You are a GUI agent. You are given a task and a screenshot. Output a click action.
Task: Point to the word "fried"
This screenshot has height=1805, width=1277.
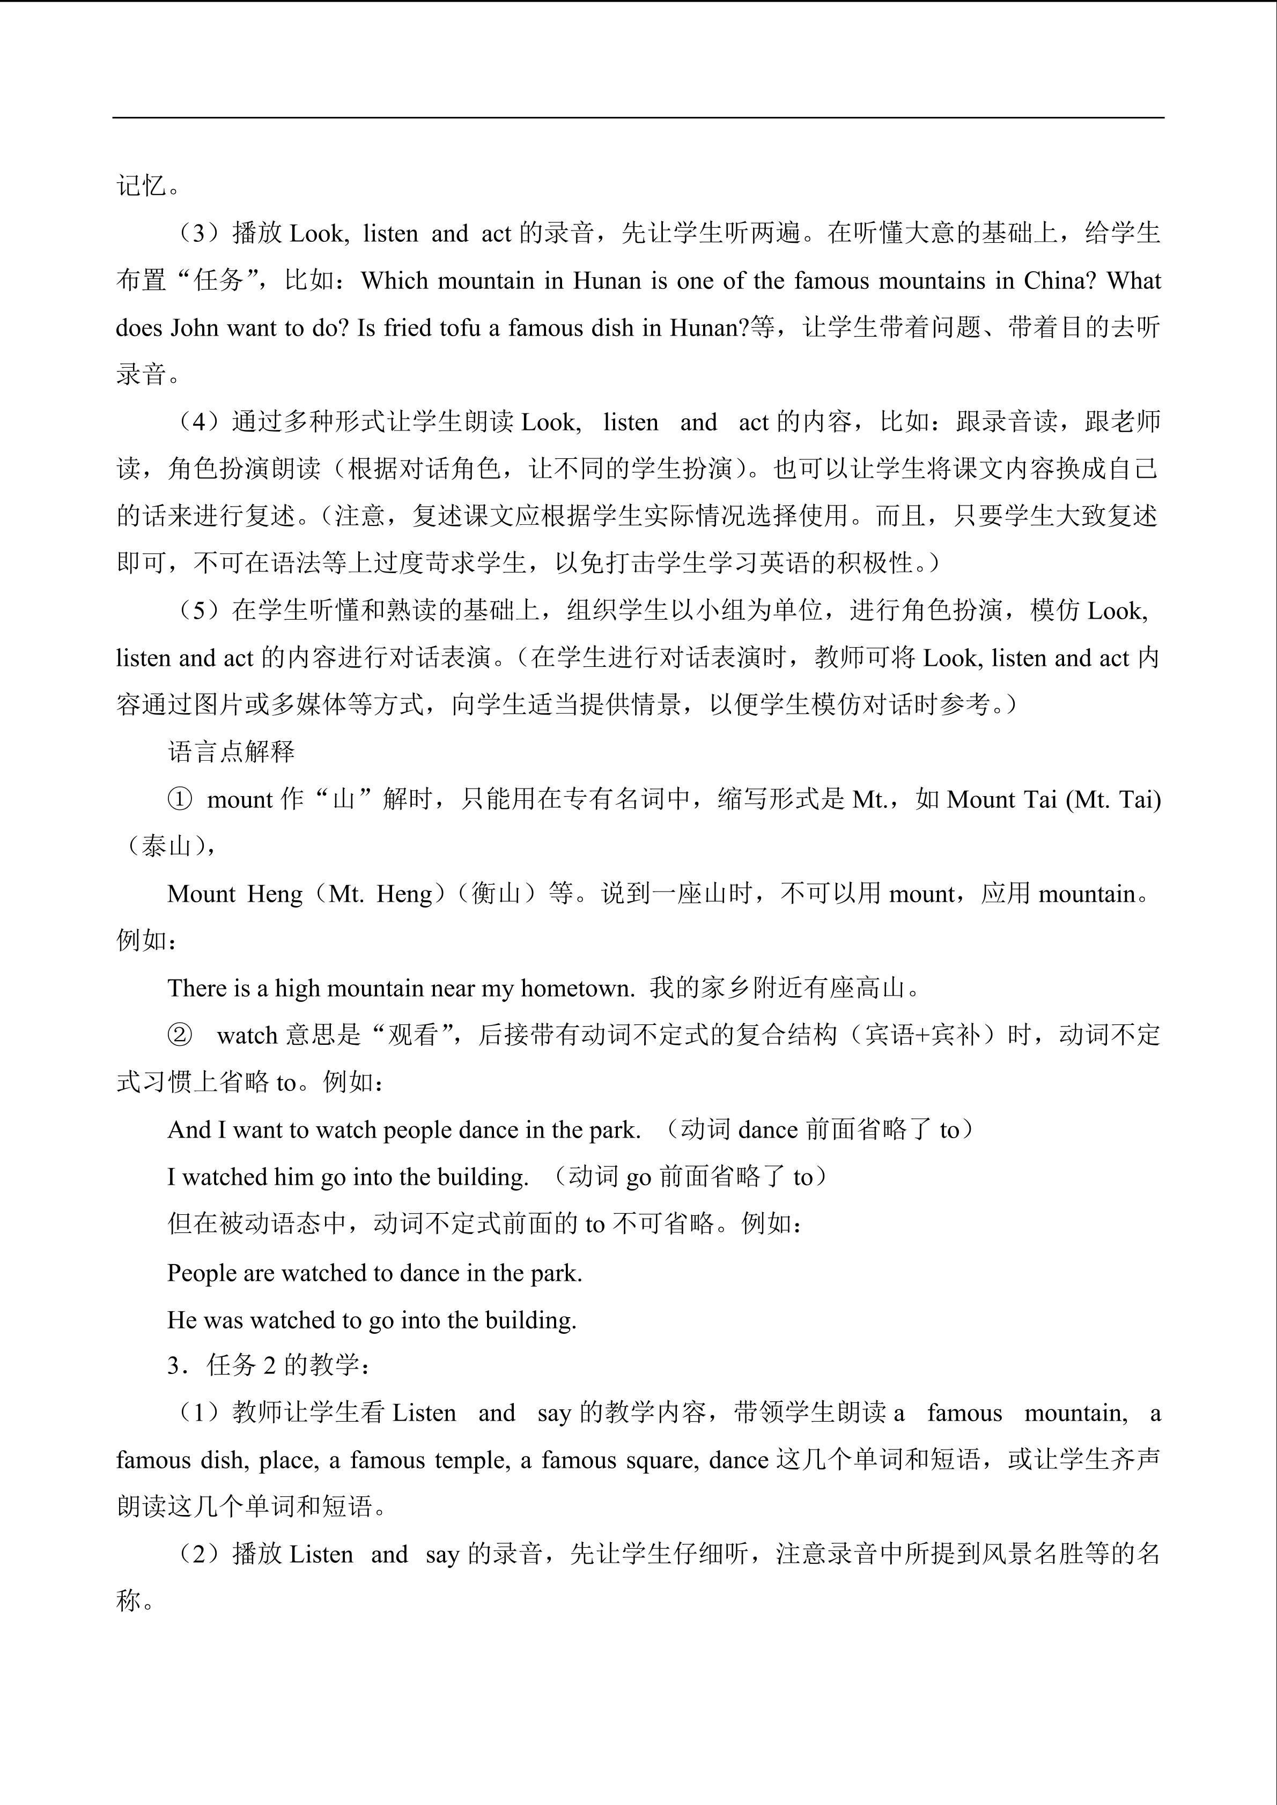[406, 328]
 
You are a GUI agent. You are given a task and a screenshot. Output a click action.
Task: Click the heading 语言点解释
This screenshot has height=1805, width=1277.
[231, 752]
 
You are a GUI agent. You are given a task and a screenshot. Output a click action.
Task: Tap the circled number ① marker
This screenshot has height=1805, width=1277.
[180, 799]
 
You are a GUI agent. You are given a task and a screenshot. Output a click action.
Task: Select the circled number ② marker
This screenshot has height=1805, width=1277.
[180, 1035]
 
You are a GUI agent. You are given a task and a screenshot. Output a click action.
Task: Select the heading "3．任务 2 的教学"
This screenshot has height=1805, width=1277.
[267, 1365]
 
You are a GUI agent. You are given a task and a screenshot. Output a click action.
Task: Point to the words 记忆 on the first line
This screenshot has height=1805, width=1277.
[142, 187]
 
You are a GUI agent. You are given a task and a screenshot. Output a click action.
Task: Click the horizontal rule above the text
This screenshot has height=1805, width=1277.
[638, 118]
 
